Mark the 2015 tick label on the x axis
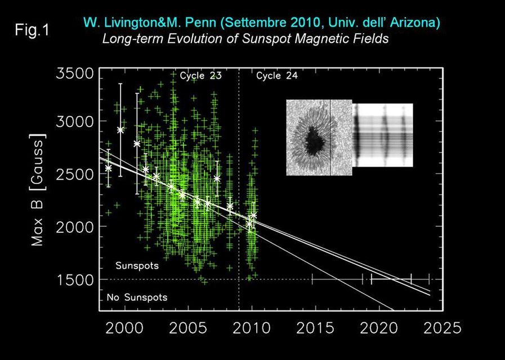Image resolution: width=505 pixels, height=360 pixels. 314,327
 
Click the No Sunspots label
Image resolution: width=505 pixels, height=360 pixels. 137,296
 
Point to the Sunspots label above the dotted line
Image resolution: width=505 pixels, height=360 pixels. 133,264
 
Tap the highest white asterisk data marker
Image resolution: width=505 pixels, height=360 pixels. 120,130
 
